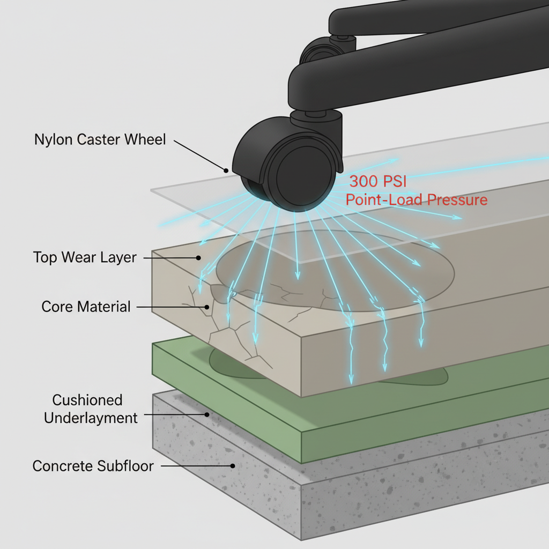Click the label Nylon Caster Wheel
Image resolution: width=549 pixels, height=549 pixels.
100,139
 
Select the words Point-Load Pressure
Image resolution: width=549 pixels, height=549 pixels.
417,200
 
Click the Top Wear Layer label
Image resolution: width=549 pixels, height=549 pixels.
85,257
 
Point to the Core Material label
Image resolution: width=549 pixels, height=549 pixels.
86,307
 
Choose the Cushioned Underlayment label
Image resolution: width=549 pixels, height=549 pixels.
91,409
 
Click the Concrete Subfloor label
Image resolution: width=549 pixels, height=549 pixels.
93,466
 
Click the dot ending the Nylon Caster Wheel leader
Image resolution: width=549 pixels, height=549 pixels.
227,170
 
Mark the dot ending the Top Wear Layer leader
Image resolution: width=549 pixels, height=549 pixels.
199,258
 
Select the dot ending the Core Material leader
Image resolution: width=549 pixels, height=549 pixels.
207,307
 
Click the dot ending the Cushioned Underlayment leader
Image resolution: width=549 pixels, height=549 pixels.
207,414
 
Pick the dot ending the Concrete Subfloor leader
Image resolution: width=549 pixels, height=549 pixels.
232,466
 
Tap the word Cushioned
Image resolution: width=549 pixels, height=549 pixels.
87,400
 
